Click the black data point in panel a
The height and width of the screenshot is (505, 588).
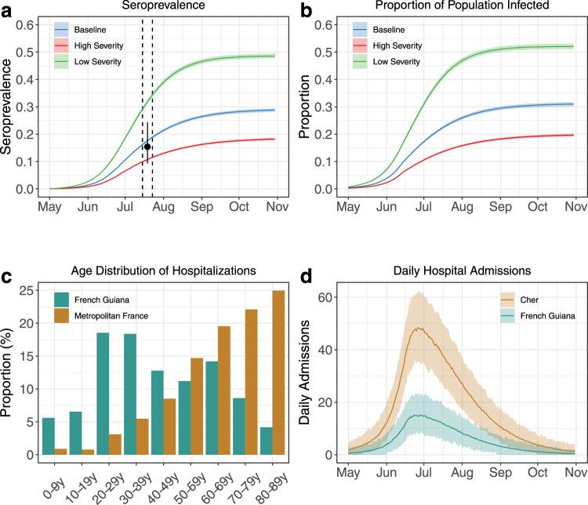147,147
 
